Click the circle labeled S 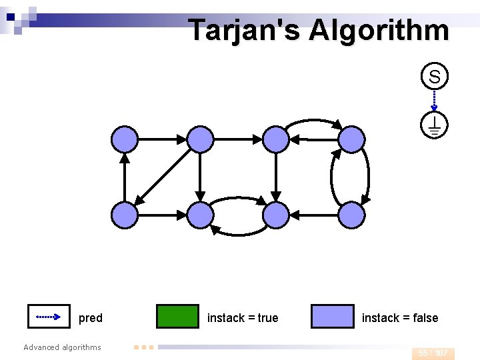(434, 77)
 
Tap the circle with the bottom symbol (434, 125)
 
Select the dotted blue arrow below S (434, 101)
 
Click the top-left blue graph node (124, 139)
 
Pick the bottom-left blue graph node (124, 215)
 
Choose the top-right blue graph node (352, 139)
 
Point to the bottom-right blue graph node (352, 215)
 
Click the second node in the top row (200, 139)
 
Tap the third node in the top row (276, 139)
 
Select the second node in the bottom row (200, 215)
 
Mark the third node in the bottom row (276, 215)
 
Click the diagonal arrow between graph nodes (163, 177)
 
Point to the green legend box (177, 317)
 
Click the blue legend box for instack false (333, 317)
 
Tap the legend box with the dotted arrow (49, 317)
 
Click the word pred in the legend (91, 318)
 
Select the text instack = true (243, 318)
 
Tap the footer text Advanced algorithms (62, 347)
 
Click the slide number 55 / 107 (433, 353)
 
